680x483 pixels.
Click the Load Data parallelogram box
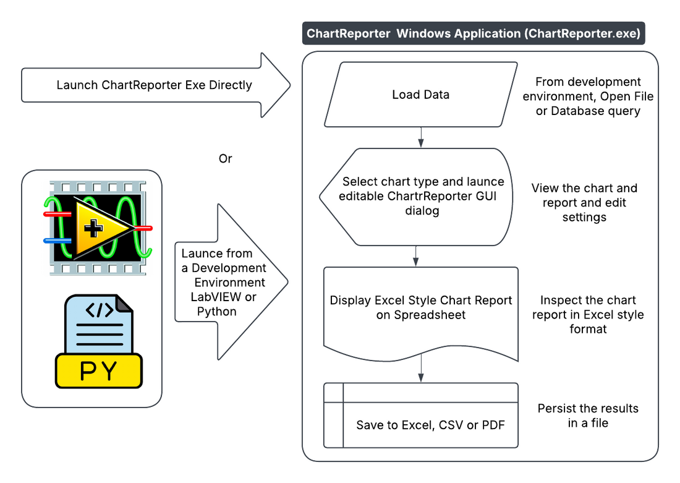(x=420, y=95)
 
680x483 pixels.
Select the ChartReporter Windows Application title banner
(x=473, y=33)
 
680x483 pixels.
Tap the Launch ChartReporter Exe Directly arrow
(x=155, y=85)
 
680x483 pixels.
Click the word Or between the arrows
(x=226, y=158)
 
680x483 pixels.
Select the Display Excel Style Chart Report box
(x=420, y=307)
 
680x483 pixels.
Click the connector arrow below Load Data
(x=421, y=137)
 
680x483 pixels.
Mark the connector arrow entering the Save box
(x=421, y=372)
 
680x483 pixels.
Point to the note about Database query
(x=588, y=96)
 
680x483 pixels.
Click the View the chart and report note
(x=584, y=202)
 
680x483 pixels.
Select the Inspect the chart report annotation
(x=588, y=314)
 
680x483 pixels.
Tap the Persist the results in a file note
(x=588, y=416)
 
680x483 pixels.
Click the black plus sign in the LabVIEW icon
(x=94, y=229)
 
